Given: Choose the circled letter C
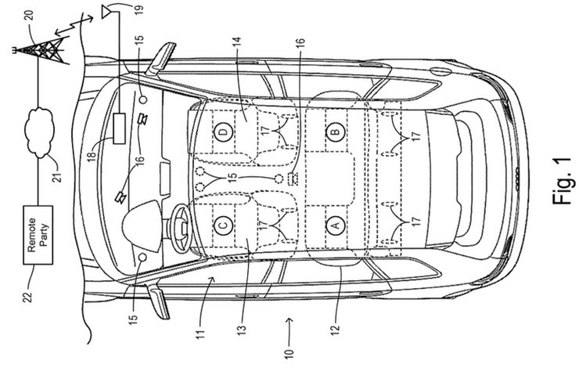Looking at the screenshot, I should (223, 226).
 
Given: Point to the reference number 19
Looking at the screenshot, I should (138, 10).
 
